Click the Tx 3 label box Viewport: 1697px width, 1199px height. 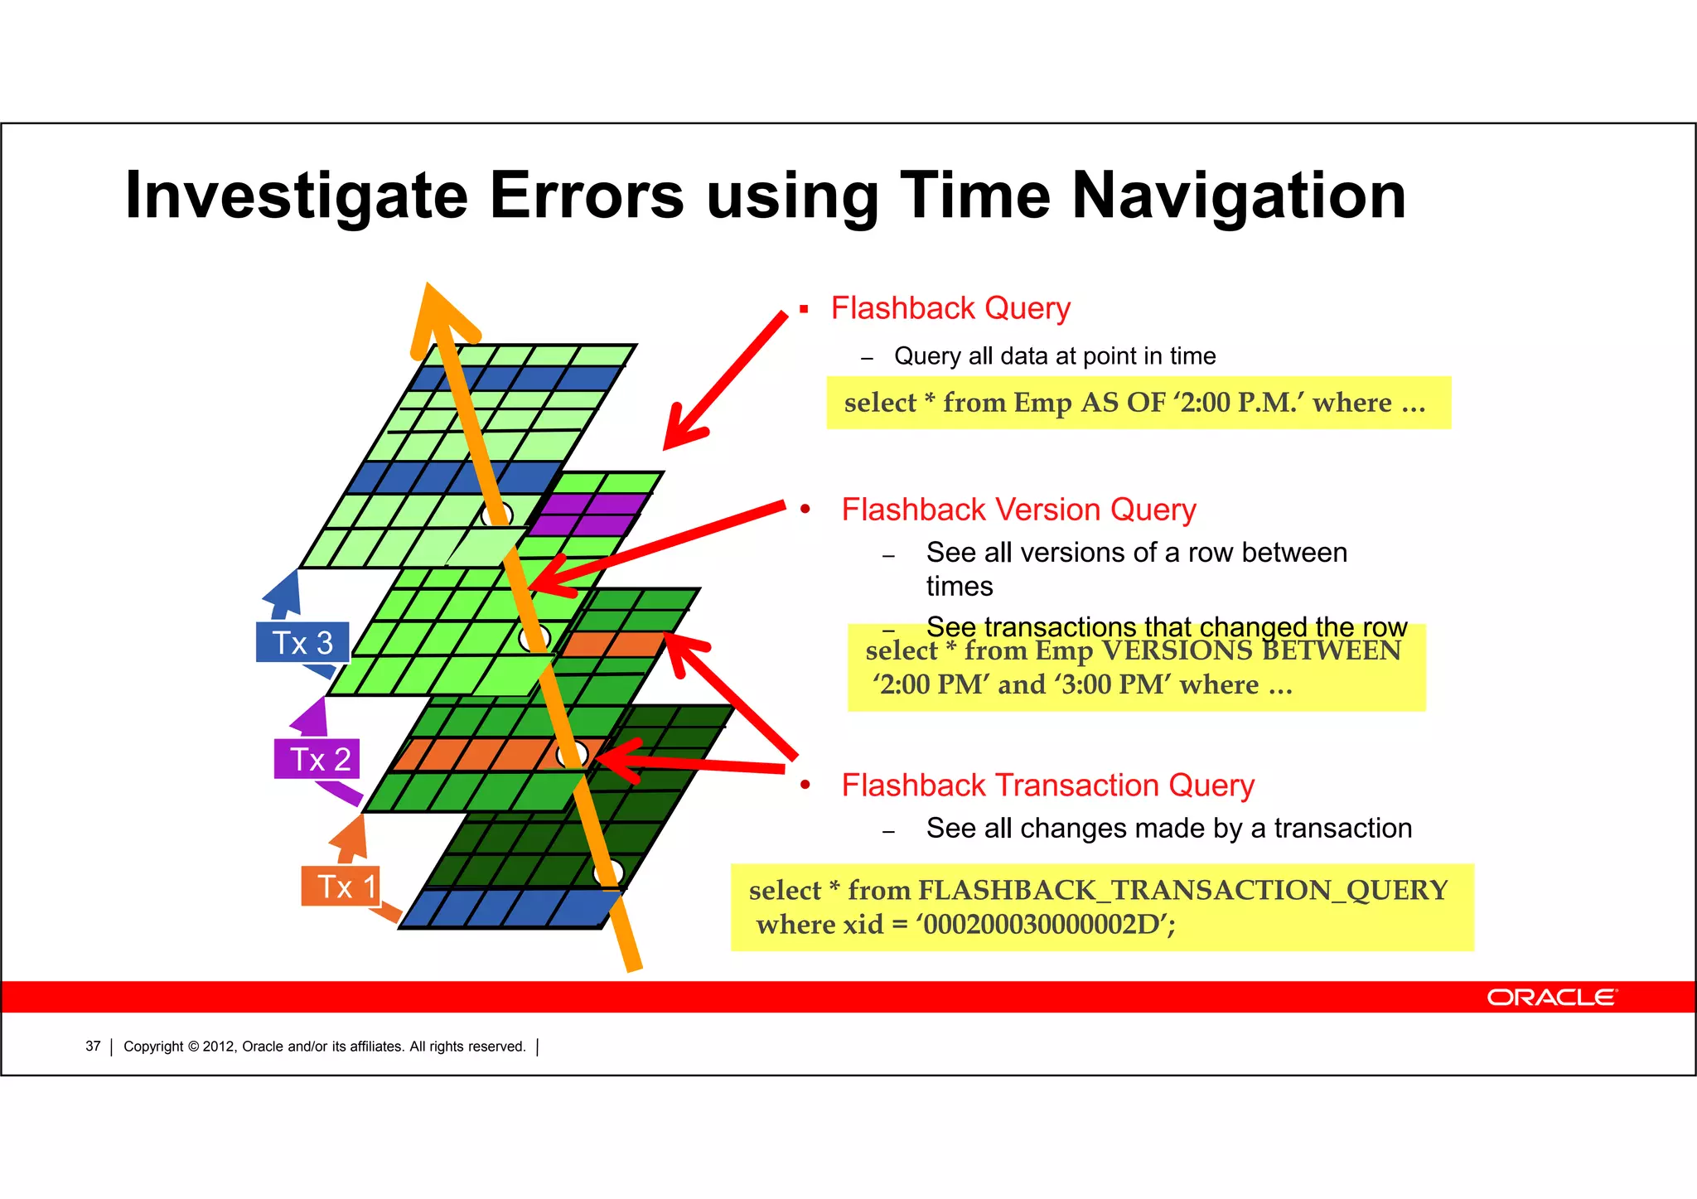pyautogui.click(x=302, y=643)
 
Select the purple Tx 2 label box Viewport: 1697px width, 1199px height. pyautogui.click(x=317, y=759)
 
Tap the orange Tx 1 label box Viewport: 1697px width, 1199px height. pyautogui.click(x=341, y=887)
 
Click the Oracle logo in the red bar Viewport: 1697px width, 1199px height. pyautogui.click(x=1550, y=997)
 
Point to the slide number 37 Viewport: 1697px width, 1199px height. pyautogui.click(x=93, y=1047)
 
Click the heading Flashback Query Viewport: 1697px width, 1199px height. pyautogui.click(x=950, y=308)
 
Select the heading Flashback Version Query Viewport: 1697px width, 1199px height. pyautogui.click(x=1018, y=510)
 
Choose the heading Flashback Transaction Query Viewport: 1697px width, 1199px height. pyautogui.click(x=1047, y=786)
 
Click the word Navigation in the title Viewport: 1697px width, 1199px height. pyautogui.click(x=1239, y=196)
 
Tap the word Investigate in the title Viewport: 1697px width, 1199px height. pyautogui.click(x=296, y=196)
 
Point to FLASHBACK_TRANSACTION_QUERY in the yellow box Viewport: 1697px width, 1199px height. pyautogui.click(x=1182, y=890)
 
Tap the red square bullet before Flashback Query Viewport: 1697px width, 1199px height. pyautogui.click(x=804, y=309)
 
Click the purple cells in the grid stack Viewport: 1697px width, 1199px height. pyautogui.click(x=589, y=514)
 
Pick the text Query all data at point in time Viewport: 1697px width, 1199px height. pyautogui.click(x=1054, y=356)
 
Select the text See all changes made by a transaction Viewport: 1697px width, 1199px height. pyautogui.click(x=1168, y=829)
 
